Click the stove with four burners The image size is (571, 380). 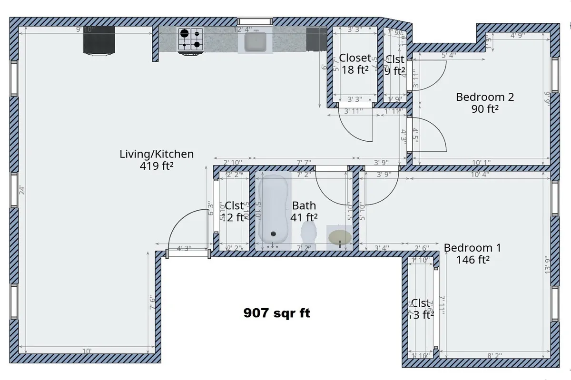(190, 39)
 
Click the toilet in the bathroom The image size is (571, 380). (309, 234)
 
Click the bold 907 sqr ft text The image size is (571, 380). (276, 313)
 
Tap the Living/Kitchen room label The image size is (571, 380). (157, 154)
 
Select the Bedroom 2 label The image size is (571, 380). (485, 97)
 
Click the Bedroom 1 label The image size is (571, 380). (473, 248)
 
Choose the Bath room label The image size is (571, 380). (304, 205)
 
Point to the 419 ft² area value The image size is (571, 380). (157, 166)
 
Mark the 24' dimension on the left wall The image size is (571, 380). (20, 190)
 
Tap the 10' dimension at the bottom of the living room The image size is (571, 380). (87, 351)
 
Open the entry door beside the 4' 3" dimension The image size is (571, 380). (188, 253)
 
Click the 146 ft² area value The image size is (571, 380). (473, 260)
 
